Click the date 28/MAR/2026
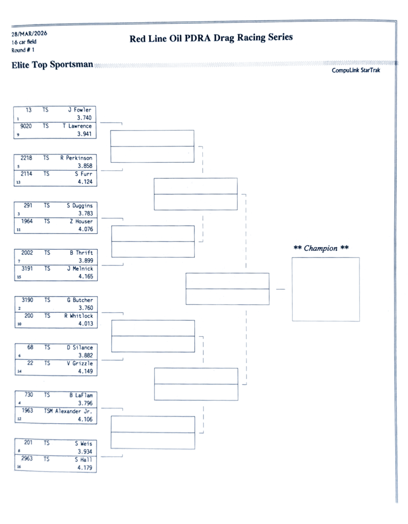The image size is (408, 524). pos(29,34)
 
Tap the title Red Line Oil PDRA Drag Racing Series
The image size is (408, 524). pos(211,38)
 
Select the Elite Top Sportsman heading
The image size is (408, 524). pos(52,65)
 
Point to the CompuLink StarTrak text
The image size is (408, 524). pos(356,71)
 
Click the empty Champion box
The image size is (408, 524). pos(325,289)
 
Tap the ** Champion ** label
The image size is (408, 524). pos(321,248)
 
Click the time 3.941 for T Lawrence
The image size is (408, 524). pos(84,134)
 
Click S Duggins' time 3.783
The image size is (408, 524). pos(85,213)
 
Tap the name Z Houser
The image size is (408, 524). pos(81,222)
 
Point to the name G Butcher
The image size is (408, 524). pos(79,300)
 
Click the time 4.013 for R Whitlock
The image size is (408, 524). pos(85,324)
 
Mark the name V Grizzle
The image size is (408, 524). pos(79,364)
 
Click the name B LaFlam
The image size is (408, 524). pos(80,396)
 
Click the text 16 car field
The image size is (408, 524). pos(24,42)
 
